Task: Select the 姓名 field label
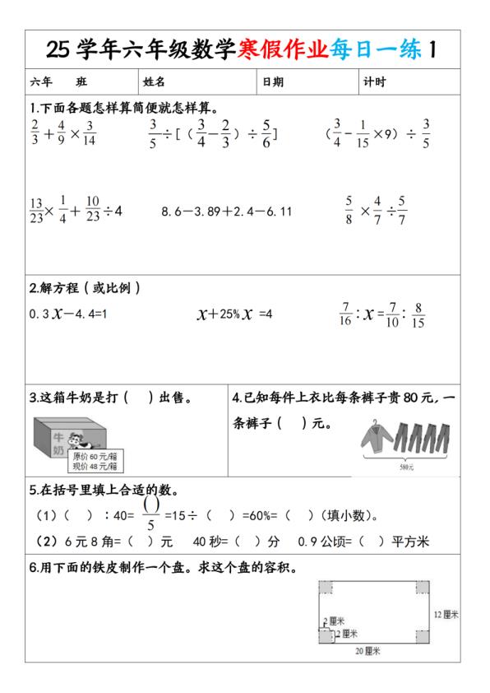[x=155, y=82]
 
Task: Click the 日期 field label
[x=273, y=82]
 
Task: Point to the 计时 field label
[x=374, y=82]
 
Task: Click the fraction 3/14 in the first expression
[x=90, y=133]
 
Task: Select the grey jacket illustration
[x=378, y=440]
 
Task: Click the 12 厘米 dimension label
[x=446, y=614]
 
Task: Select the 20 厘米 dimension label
[x=369, y=651]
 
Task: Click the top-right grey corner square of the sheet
[x=422, y=588]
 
